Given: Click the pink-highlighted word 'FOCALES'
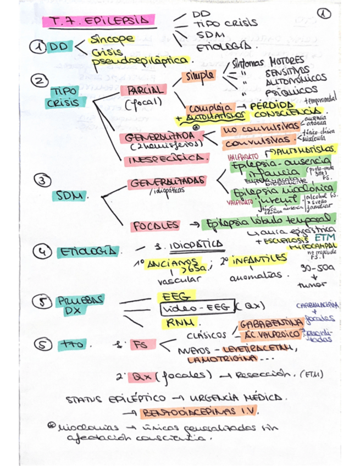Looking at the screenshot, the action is (154, 225).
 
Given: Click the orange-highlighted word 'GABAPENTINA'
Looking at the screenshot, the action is (271, 323).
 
